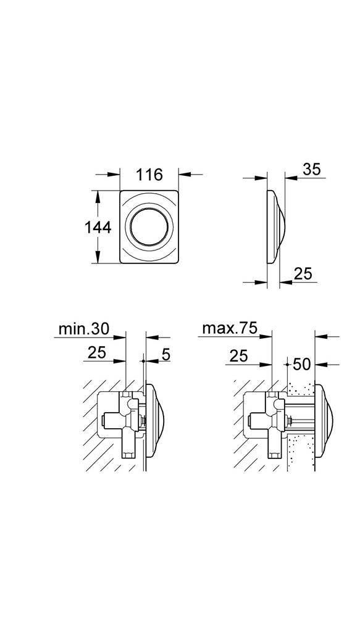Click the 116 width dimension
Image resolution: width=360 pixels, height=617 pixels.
point(149,175)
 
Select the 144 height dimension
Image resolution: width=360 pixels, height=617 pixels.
point(98,227)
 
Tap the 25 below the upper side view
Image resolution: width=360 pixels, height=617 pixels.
point(303,273)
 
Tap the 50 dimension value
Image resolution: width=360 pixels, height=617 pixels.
point(302,364)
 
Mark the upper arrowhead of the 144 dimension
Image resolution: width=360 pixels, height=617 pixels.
point(97,196)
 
